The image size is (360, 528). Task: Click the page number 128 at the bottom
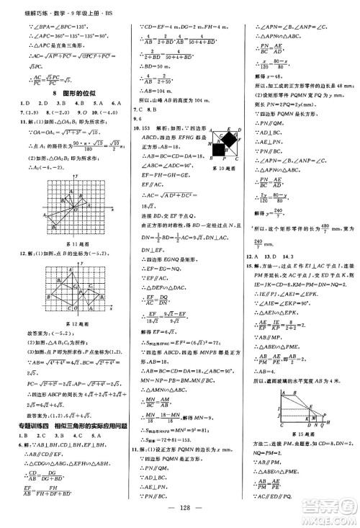[179, 516]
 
